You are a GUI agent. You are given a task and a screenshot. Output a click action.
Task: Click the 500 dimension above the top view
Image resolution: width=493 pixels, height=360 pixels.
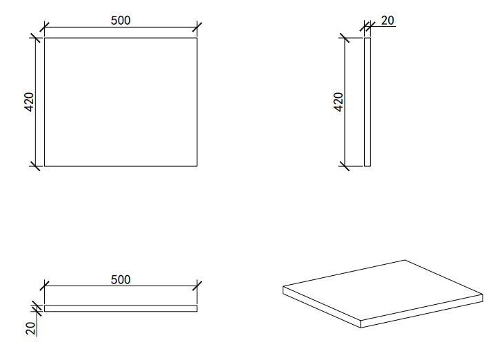(121, 21)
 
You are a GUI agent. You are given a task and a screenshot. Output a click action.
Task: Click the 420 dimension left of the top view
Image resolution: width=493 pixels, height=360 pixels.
(29, 102)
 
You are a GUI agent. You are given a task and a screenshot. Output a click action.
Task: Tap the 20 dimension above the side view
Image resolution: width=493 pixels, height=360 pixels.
(388, 21)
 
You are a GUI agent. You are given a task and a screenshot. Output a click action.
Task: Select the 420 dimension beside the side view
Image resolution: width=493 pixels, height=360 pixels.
(339, 102)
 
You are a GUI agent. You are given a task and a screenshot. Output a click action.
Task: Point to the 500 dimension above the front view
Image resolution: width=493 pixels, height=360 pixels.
(121, 279)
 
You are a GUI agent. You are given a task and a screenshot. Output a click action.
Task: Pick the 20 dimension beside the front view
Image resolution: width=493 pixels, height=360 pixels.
(30, 328)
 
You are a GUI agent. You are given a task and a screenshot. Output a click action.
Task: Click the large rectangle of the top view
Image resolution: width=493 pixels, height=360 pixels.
(121, 102)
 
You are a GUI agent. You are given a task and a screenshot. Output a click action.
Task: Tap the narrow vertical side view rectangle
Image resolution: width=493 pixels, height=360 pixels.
(368, 102)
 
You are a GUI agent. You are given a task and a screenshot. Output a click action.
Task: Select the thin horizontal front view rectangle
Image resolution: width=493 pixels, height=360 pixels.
(121, 308)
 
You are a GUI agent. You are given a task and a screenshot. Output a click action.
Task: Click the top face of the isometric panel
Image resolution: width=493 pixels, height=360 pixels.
(383, 290)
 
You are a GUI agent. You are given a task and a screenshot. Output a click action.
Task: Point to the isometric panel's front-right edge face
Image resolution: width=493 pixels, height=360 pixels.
(421, 311)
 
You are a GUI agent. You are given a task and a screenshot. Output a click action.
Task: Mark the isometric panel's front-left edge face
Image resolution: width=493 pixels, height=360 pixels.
(321, 307)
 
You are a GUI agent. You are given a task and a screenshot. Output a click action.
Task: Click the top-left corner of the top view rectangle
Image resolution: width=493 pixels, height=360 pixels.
(44, 38)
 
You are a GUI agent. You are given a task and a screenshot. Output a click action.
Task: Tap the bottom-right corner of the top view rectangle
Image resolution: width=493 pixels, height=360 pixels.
(197, 166)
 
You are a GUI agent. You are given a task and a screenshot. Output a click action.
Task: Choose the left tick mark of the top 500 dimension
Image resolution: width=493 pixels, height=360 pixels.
(44, 27)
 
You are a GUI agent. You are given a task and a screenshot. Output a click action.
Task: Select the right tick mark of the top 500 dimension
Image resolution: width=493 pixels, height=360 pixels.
(197, 27)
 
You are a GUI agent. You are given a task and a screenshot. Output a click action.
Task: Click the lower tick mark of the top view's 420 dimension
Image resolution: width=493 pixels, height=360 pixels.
(36, 166)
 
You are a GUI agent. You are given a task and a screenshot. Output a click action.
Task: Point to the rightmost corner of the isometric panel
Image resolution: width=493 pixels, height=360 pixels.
(483, 294)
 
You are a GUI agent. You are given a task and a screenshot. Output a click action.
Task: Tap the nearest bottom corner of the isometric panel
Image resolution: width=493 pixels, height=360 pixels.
(361, 328)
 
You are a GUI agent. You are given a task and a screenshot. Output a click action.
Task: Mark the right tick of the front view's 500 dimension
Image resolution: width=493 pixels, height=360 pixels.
(197, 286)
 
